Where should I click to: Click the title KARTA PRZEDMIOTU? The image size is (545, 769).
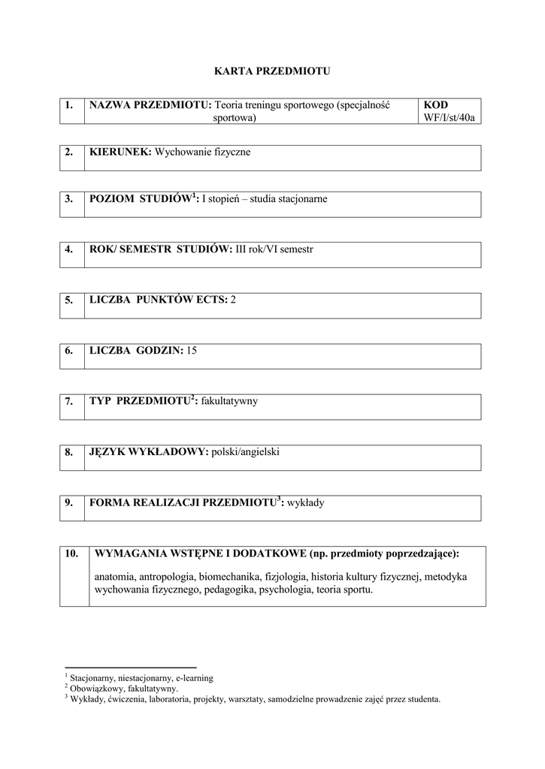tap(272, 71)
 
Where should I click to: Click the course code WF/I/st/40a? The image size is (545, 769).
tap(450, 118)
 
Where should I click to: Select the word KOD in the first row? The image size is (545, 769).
tap(436, 105)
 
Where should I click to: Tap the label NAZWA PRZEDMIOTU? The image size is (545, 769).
tap(150, 105)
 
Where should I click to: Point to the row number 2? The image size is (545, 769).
tap(69, 152)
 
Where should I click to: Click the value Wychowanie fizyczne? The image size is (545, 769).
tap(202, 152)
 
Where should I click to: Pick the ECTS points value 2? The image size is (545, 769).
tap(234, 300)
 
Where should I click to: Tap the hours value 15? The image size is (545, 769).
tap(192, 351)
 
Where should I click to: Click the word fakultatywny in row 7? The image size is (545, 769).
tap(229, 401)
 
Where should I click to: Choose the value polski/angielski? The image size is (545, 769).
tap(245, 452)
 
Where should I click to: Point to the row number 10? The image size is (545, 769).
tap(72, 553)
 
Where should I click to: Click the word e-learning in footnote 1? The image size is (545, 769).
tap(194, 677)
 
